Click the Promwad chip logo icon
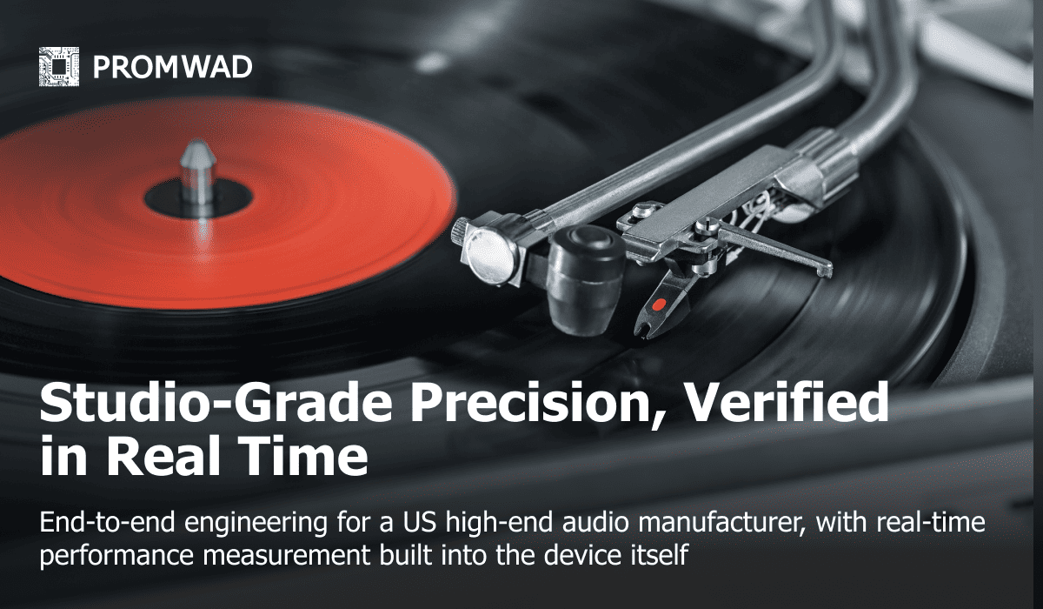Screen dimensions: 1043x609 point(59,66)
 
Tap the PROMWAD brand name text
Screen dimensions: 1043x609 point(173,67)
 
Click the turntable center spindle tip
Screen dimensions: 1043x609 point(198,150)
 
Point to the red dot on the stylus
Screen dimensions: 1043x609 point(659,304)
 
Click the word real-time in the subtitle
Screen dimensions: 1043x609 point(931,523)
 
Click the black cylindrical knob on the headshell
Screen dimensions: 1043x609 point(586,279)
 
